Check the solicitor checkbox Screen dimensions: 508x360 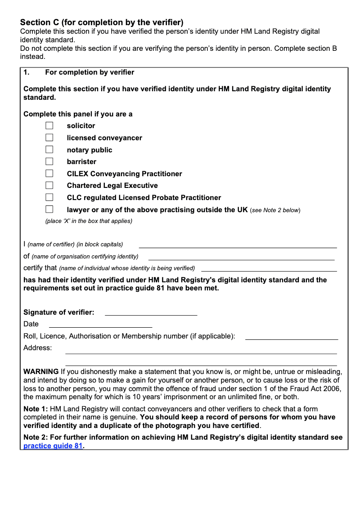pyautogui.click(x=49, y=126)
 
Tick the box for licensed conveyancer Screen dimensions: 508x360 pyautogui.click(x=49, y=138)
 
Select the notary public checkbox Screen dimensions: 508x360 pyautogui.click(x=49, y=150)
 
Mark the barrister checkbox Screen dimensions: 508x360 pyautogui.click(x=49, y=161)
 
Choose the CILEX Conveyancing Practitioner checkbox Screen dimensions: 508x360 pyautogui.click(x=49, y=174)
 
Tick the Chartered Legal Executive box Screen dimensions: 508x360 pyautogui.click(x=49, y=185)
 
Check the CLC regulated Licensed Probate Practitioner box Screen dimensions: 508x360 pyautogui.click(x=49, y=197)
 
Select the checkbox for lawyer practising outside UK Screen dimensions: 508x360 pyautogui.click(x=49, y=209)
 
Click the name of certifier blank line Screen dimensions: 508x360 pyautogui.click(x=238, y=245)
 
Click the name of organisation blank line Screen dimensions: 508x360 pyautogui.click(x=241, y=257)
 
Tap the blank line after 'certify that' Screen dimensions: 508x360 pyautogui.click(x=269, y=268)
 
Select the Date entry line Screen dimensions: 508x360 pyautogui.click(x=100, y=325)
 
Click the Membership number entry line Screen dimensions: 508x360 pyautogui.click(x=291, y=337)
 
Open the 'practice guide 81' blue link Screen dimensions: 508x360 pyautogui.click(x=53, y=446)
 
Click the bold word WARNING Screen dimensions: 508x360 pyautogui.click(x=41, y=372)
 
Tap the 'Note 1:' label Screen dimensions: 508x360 pyautogui.click(x=36, y=409)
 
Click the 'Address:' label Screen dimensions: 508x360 pyautogui.click(x=37, y=348)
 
